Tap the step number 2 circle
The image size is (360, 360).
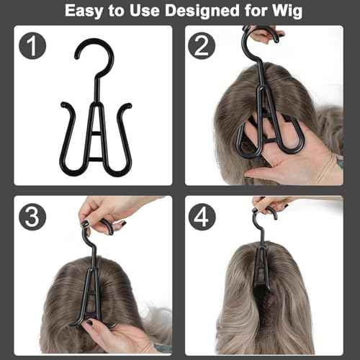[205, 48]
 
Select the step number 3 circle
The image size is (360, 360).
[32, 217]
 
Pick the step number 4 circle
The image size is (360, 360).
[205, 217]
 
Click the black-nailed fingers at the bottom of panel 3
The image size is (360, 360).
[101, 328]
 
